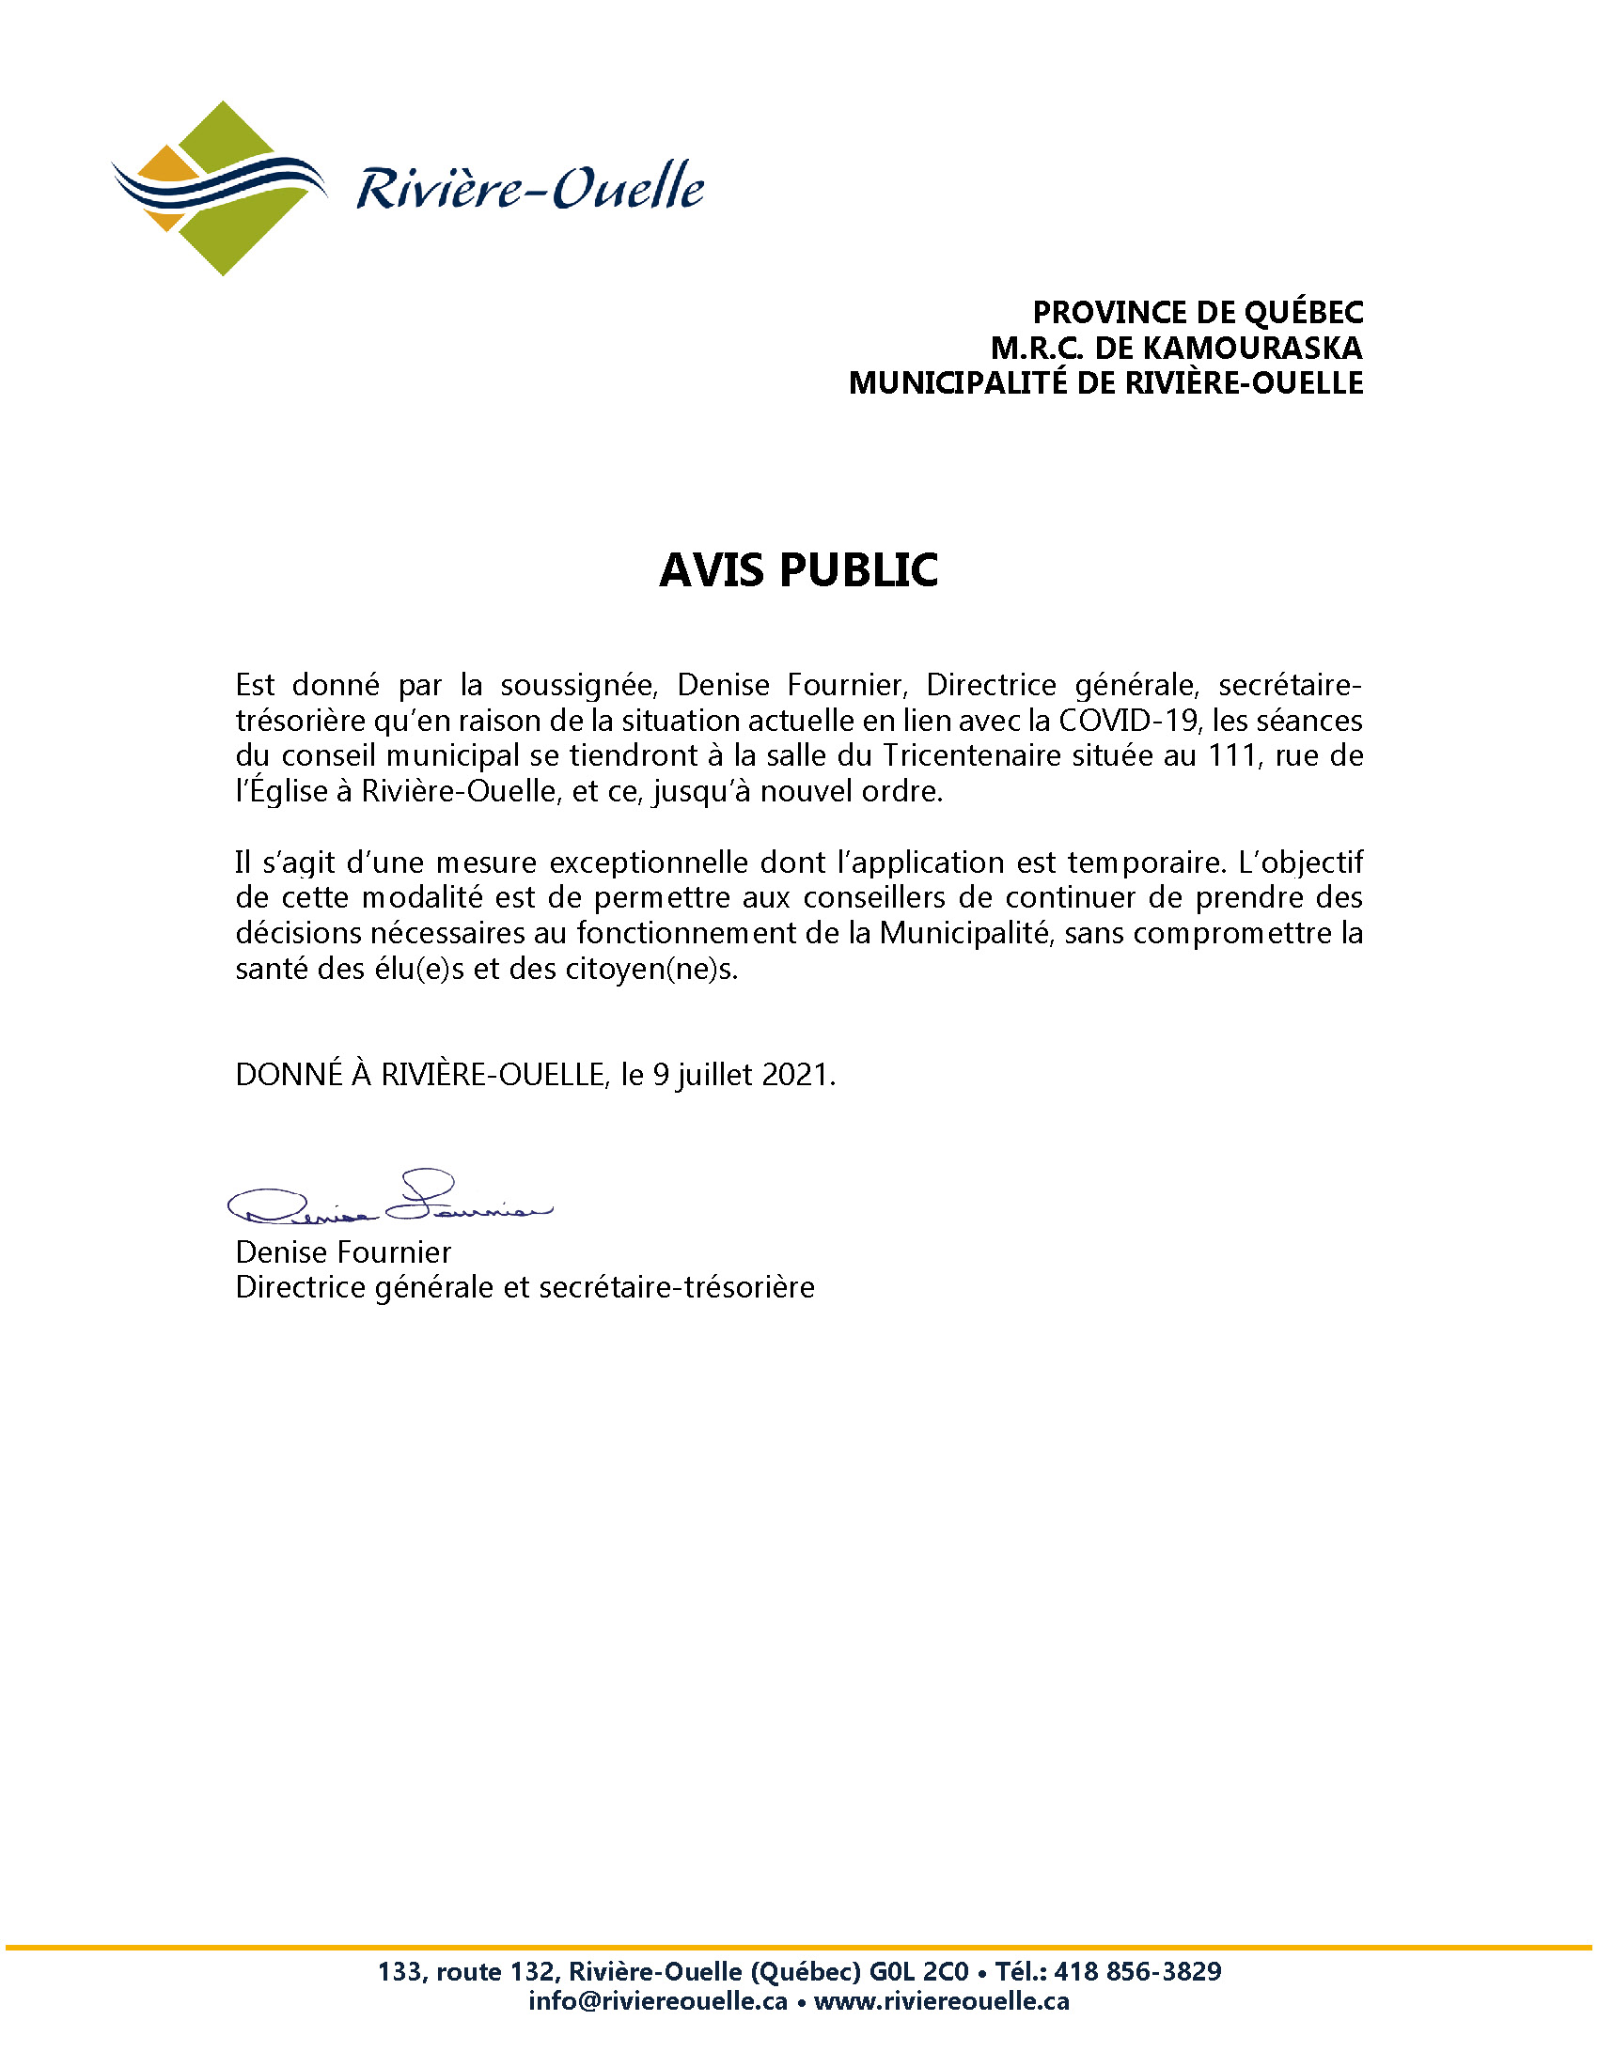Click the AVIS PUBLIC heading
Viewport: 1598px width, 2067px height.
(x=798, y=569)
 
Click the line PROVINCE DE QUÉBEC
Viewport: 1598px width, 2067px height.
(x=1198, y=312)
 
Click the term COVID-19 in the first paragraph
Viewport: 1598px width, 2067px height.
(x=1127, y=721)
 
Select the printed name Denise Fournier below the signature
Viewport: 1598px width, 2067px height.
(x=343, y=1252)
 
